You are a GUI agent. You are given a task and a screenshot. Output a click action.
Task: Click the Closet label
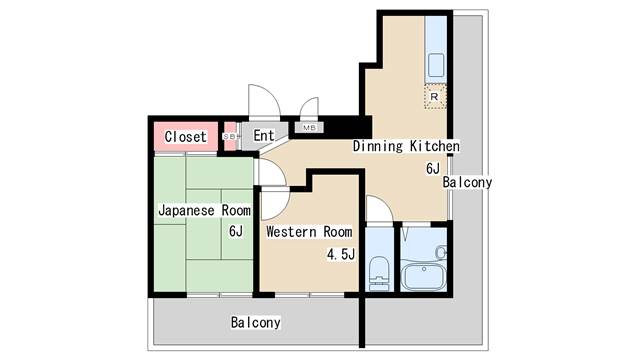tap(185, 136)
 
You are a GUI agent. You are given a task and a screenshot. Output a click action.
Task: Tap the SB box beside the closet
tap(230, 136)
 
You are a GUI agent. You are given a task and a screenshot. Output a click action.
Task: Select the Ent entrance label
tap(264, 136)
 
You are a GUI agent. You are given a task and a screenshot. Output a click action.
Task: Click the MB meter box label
tap(307, 129)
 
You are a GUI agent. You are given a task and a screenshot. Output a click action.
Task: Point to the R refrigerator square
tap(434, 97)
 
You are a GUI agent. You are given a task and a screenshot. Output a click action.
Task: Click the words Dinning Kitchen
tap(405, 147)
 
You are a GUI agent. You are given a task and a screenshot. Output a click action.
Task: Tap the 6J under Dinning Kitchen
tap(432, 169)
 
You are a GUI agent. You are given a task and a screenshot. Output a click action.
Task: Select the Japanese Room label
tap(204, 211)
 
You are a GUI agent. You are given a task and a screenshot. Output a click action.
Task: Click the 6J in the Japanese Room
tap(235, 232)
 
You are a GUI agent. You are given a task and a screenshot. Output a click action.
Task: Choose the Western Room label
tap(309, 232)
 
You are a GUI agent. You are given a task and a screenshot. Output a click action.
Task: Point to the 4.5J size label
tap(341, 254)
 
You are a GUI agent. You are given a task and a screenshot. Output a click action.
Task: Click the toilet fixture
tap(378, 270)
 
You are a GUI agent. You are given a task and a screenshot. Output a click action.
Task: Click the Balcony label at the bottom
tap(255, 323)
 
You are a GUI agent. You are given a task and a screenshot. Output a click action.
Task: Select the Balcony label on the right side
tap(467, 183)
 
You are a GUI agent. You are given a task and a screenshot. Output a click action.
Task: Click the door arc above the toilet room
tap(380, 210)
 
